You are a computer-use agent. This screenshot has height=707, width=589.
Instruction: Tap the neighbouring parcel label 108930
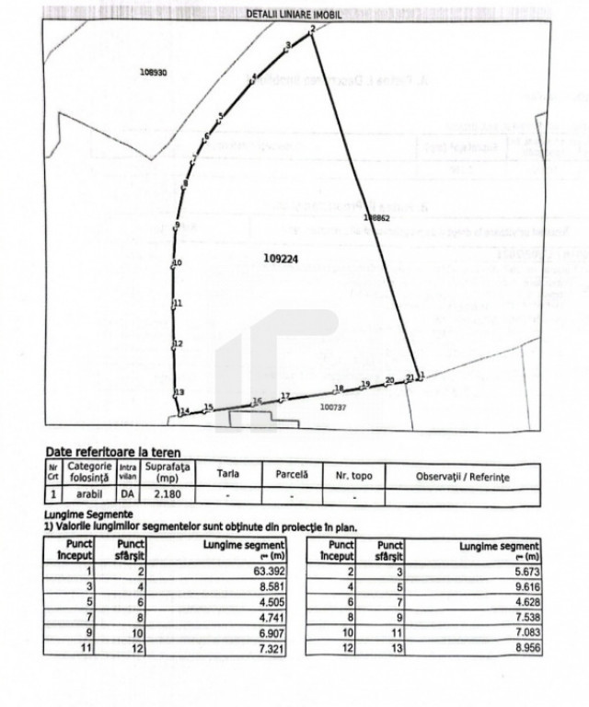153,72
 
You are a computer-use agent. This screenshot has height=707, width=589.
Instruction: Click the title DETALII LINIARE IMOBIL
294,14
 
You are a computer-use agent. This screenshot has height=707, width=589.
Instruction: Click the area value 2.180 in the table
167,495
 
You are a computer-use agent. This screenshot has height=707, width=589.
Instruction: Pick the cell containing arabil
88,495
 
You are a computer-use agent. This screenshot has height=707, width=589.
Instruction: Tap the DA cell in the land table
127,495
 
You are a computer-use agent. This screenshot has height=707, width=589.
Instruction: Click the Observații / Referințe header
462,475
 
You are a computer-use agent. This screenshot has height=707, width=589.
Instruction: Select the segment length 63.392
263,571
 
